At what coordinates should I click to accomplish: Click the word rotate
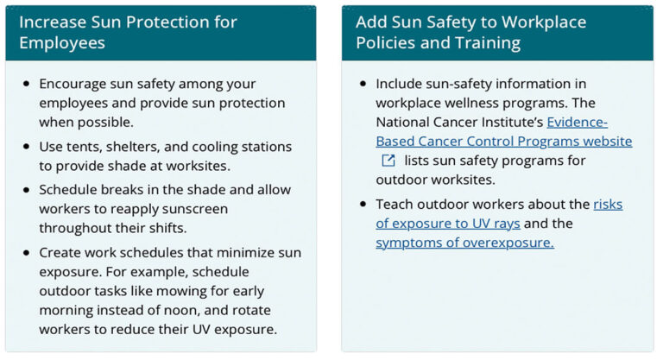tap(267, 310)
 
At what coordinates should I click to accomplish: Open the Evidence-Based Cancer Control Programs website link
tap(504, 141)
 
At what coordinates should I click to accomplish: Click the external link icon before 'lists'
tap(388, 161)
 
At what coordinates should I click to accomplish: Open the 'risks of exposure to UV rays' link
tap(448, 224)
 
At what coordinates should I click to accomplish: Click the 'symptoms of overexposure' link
tap(464, 243)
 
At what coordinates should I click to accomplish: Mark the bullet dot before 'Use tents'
tap(26, 148)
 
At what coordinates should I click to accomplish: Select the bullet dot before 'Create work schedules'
tap(26, 252)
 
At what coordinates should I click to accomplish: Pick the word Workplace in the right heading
tap(540, 22)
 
